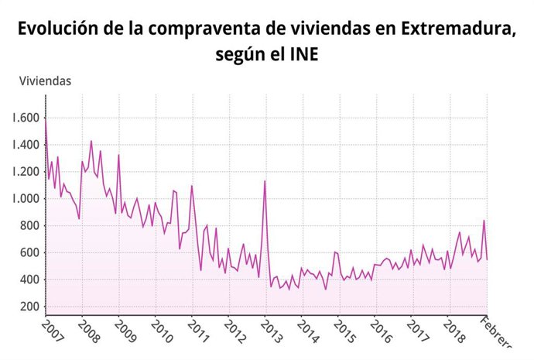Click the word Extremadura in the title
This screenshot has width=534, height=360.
(x=457, y=29)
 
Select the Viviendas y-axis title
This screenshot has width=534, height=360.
(x=46, y=80)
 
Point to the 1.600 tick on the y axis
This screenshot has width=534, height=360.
(x=25, y=118)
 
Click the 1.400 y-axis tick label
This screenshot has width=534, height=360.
(x=25, y=145)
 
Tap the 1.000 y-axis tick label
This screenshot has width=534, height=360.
(x=25, y=199)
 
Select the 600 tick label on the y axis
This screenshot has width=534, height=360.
(x=29, y=252)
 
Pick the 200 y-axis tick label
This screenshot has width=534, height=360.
(x=29, y=307)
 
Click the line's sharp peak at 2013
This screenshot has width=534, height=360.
(x=265, y=181)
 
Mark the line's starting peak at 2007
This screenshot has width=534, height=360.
(x=46, y=119)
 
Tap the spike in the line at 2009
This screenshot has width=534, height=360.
(x=118, y=155)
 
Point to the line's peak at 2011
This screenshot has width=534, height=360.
(x=192, y=186)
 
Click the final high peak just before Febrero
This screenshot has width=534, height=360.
(x=484, y=221)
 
